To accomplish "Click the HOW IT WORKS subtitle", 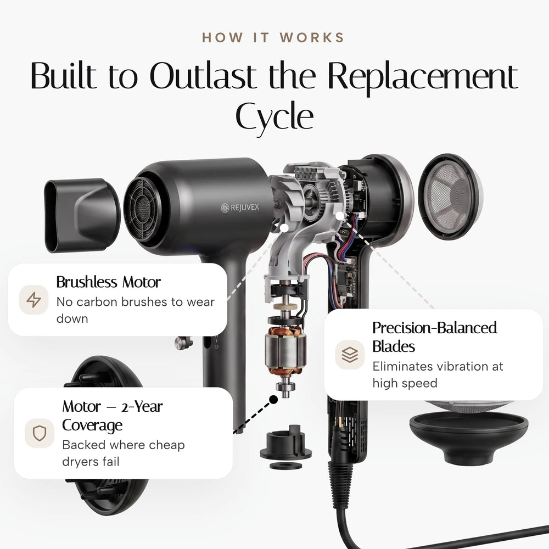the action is coord(273,38).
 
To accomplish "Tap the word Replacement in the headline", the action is coord(423,77).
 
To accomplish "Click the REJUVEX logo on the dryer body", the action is coord(240,208).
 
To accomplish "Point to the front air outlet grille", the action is coord(142,209).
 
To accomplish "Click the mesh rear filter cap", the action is coord(450,197).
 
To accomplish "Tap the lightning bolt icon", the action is coord(33,300).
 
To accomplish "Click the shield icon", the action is coord(39,433).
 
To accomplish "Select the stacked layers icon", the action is coord(350,354).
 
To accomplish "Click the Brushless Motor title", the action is coord(109,282).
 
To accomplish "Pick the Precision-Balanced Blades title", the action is coord(434,337).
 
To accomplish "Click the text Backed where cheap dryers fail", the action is coord(123,453).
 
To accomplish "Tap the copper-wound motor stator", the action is coord(285,351).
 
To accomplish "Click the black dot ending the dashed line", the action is coord(273,399).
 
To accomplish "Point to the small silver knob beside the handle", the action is coord(183,343).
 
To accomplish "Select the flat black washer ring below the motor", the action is coord(285,466).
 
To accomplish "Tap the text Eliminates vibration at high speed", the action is coord(438,374).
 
